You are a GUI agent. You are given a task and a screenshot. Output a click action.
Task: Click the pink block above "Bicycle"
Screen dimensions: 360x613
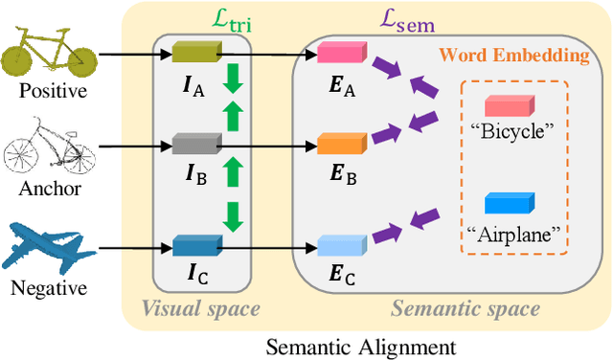507,104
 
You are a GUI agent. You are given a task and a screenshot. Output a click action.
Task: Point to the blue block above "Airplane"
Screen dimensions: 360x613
507,203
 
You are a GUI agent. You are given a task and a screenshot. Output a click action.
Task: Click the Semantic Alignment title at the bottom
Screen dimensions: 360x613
361,345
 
